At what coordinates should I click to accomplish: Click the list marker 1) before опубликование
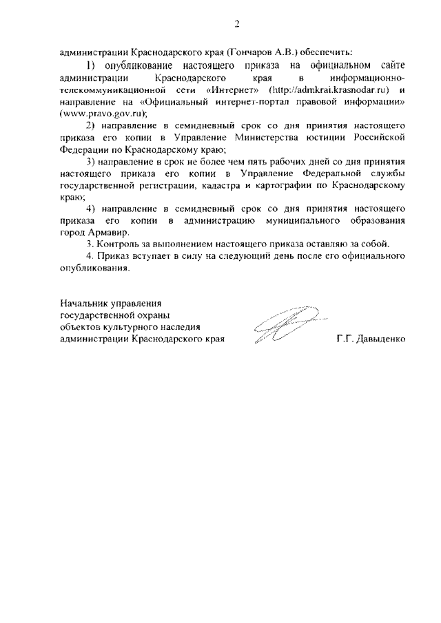point(91,65)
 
